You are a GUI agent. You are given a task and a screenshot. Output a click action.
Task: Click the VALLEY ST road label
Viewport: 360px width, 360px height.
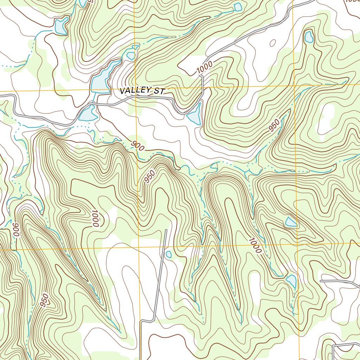[x=142, y=91]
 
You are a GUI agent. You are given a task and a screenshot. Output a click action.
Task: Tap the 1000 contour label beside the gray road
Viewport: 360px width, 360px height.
[x=205, y=67]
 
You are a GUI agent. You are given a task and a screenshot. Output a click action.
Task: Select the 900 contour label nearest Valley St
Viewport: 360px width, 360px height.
[x=138, y=146]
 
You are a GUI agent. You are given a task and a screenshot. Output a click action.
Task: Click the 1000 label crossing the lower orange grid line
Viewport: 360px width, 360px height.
[x=255, y=245]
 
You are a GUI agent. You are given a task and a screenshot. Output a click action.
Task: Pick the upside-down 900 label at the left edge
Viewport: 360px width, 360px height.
[x=15, y=230]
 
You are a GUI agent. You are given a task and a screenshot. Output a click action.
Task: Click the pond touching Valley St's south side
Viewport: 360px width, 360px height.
[x=88, y=113]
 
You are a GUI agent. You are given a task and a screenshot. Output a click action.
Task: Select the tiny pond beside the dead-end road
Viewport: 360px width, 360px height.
[x=168, y=254]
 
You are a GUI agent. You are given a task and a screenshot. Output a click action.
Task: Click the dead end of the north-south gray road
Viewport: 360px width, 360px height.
[x=166, y=230]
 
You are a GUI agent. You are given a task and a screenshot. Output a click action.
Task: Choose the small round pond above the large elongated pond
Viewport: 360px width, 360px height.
[x=131, y=56]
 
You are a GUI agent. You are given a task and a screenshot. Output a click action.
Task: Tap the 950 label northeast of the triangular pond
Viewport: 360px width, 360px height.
[x=274, y=126]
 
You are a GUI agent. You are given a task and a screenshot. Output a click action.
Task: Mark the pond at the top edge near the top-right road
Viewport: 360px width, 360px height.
[x=238, y=7]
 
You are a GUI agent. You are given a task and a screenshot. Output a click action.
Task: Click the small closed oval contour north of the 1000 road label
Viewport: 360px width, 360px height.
[x=272, y=43]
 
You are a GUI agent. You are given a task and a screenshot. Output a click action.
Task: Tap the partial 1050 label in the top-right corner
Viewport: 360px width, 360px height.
[x=353, y=1]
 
